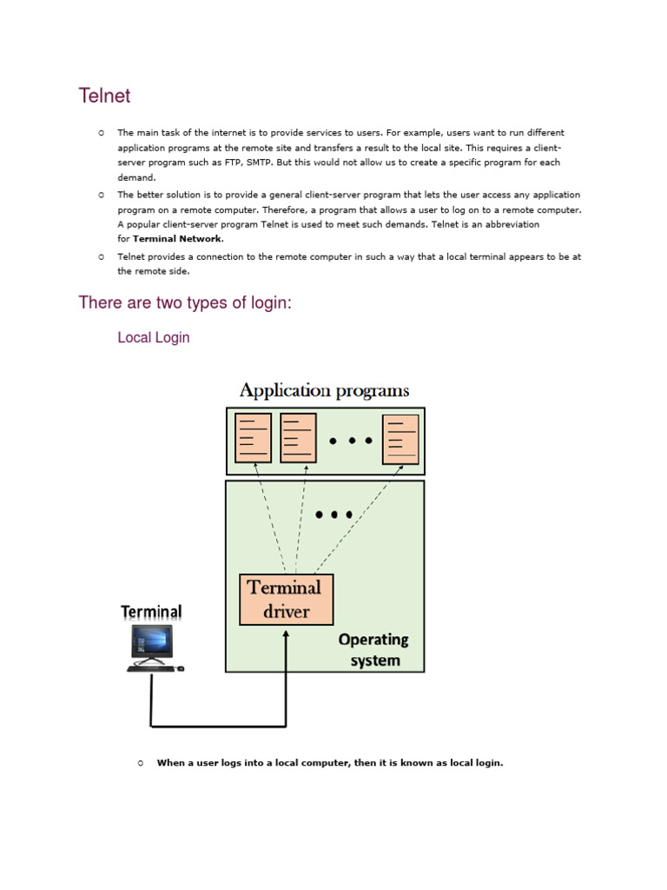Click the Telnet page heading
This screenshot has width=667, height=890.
point(104,96)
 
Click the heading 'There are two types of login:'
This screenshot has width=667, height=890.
point(182,302)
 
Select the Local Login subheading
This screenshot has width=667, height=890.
point(153,337)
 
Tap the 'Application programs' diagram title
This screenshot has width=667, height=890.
point(324,390)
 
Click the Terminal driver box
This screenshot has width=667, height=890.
point(286,599)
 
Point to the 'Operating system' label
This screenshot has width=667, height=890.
point(373,649)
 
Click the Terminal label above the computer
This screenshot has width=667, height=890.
point(151,612)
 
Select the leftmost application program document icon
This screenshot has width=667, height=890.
point(254,438)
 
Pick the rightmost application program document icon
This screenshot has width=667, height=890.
point(401,439)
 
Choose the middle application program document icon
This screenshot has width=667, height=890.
point(298,438)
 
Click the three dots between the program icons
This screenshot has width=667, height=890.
point(350,441)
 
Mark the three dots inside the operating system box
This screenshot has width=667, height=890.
point(334,515)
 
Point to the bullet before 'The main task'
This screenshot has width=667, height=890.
point(101,133)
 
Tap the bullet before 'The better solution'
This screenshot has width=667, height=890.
point(101,195)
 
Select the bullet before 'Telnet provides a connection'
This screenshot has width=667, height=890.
point(101,256)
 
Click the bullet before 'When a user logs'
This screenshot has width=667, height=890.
point(140,763)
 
